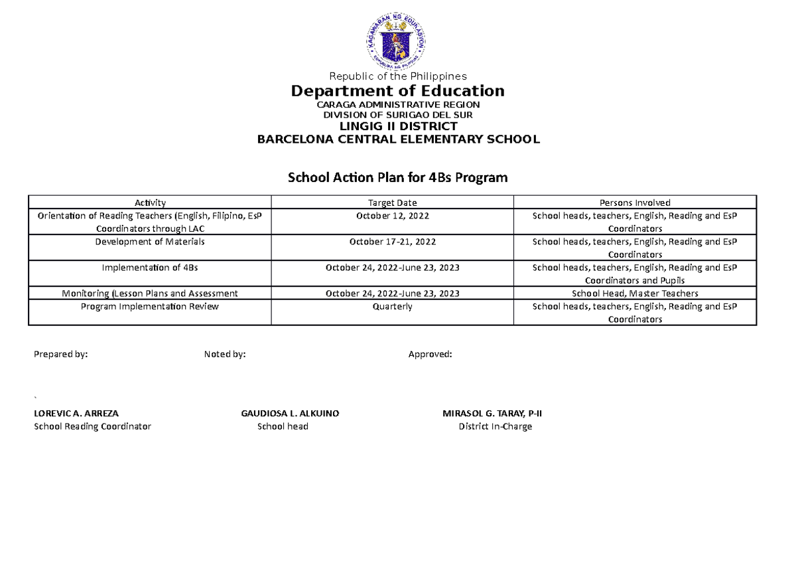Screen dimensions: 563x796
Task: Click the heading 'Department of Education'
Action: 398,90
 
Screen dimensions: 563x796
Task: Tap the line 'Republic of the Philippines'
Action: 398,76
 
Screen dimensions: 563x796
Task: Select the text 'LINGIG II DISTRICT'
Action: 398,126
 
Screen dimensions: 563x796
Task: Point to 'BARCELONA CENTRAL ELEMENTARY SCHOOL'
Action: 398,139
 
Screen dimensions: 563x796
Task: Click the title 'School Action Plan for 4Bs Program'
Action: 397,178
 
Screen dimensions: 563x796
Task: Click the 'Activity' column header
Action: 150,202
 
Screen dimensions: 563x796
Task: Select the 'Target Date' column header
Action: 393,202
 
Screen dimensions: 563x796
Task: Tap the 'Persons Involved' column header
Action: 635,202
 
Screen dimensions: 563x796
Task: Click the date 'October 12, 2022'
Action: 393,216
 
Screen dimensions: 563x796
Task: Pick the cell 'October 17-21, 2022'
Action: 393,242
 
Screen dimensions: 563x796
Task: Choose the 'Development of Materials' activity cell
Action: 150,242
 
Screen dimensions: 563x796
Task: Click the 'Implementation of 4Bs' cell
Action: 150,268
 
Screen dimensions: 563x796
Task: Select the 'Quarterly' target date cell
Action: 393,307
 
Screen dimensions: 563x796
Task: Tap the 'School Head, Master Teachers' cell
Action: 635,293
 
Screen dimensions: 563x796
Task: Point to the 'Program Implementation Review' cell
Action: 150,307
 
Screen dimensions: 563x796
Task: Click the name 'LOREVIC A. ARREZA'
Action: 76,413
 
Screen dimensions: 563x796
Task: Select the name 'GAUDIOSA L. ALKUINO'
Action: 290,413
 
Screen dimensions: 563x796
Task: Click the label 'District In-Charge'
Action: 495,426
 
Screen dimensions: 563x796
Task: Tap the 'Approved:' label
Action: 430,355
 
